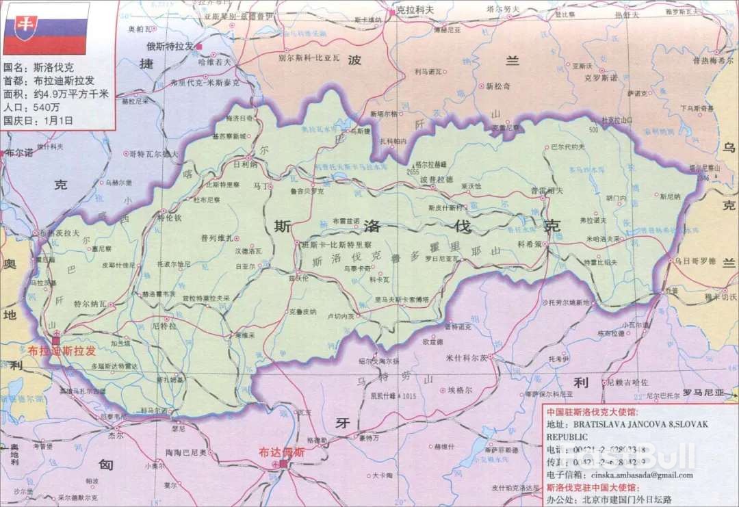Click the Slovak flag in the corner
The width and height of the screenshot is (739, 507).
click(46, 29)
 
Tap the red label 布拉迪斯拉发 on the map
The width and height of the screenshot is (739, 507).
click(62, 351)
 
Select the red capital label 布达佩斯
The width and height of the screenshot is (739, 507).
click(281, 452)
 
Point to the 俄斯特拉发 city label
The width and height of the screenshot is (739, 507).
click(170, 46)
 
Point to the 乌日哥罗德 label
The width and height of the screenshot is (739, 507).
click(695, 261)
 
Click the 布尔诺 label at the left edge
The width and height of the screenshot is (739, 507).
click(18, 153)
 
